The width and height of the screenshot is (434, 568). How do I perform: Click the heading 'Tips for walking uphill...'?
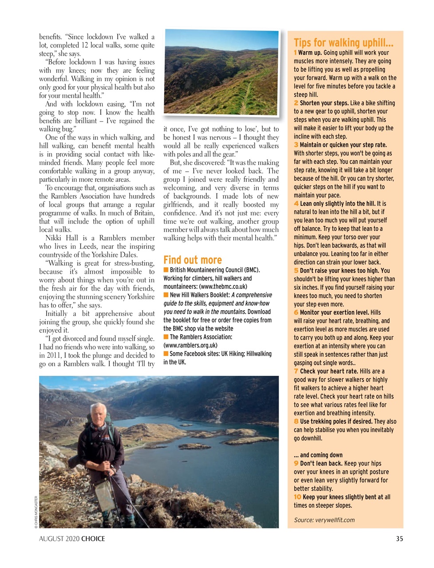point(343,43)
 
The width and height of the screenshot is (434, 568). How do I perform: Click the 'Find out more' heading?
point(193,260)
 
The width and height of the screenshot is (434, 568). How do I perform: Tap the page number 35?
point(399,538)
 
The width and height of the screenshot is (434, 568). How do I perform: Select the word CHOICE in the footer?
point(93,539)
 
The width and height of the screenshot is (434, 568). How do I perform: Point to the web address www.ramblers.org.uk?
point(191,345)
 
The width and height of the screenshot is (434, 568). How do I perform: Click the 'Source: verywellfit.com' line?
point(324,520)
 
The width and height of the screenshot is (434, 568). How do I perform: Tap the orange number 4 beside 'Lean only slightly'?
point(296,203)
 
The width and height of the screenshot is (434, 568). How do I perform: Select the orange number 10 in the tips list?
point(297,497)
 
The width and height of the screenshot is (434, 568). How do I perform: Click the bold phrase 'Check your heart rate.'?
point(329,371)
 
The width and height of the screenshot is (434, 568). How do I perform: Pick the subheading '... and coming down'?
point(318,455)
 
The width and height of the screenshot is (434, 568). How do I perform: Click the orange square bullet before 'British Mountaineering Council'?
point(166,270)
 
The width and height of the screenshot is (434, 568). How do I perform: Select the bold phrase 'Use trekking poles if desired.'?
point(336,421)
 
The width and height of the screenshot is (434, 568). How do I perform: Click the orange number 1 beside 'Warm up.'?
point(295,52)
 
